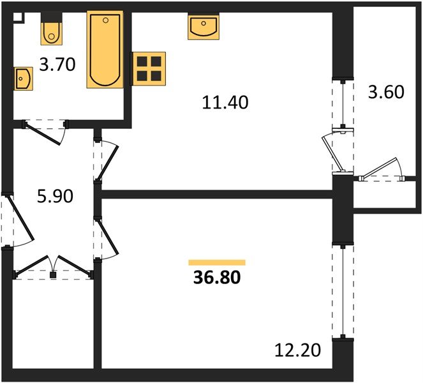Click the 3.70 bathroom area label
[57, 65]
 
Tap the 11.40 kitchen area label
[225, 103]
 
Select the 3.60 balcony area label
[386, 92]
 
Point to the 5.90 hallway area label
[56, 196]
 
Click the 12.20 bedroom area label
[298, 350]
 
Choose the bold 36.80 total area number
[217, 278]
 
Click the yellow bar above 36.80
[217, 262]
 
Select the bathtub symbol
[105, 49]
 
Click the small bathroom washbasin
[24, 79]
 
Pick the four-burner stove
[149, 68]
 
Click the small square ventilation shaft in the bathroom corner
[18, 18]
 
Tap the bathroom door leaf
[43, 135]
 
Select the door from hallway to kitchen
[108, 163]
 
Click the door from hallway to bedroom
[107, 237]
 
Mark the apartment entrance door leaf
[20, 218]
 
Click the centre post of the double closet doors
[53, 275]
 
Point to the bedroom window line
[343, 291]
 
